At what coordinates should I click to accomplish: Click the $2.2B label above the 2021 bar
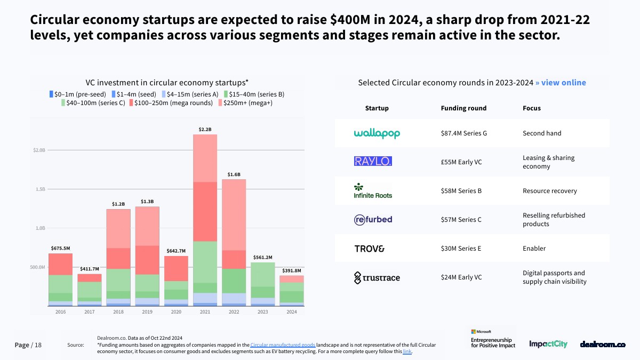tap(205, 130)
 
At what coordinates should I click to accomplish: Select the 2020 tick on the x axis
tap(176, 312)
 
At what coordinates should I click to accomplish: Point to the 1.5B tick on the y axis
tap(39, 189)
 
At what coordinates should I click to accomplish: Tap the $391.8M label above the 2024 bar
tap(292, 271)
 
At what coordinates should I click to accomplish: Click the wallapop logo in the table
tap(377, 133)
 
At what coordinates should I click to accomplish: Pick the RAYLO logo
tap(373, 161)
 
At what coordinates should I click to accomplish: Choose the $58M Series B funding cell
tap(461, 191)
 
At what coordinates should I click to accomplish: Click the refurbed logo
tap(373, 220)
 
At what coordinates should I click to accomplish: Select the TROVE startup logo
tap(369, 249)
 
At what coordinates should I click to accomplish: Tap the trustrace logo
tap(377, 277)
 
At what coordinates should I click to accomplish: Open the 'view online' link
tap(561, 83)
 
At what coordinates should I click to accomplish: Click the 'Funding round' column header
tap(463, 108)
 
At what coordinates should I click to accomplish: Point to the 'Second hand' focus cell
tap(542, 133)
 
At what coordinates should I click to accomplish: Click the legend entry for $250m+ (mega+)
tap(246, 103)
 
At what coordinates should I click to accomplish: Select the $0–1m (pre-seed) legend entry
tap(78, 94)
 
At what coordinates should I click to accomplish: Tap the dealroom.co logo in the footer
tap(603, 345)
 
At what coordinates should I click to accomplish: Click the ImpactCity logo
tap(548, 345)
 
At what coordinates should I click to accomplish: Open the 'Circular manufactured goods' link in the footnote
tap(283, 345)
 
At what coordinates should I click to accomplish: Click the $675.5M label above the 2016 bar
tap(60, 249)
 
